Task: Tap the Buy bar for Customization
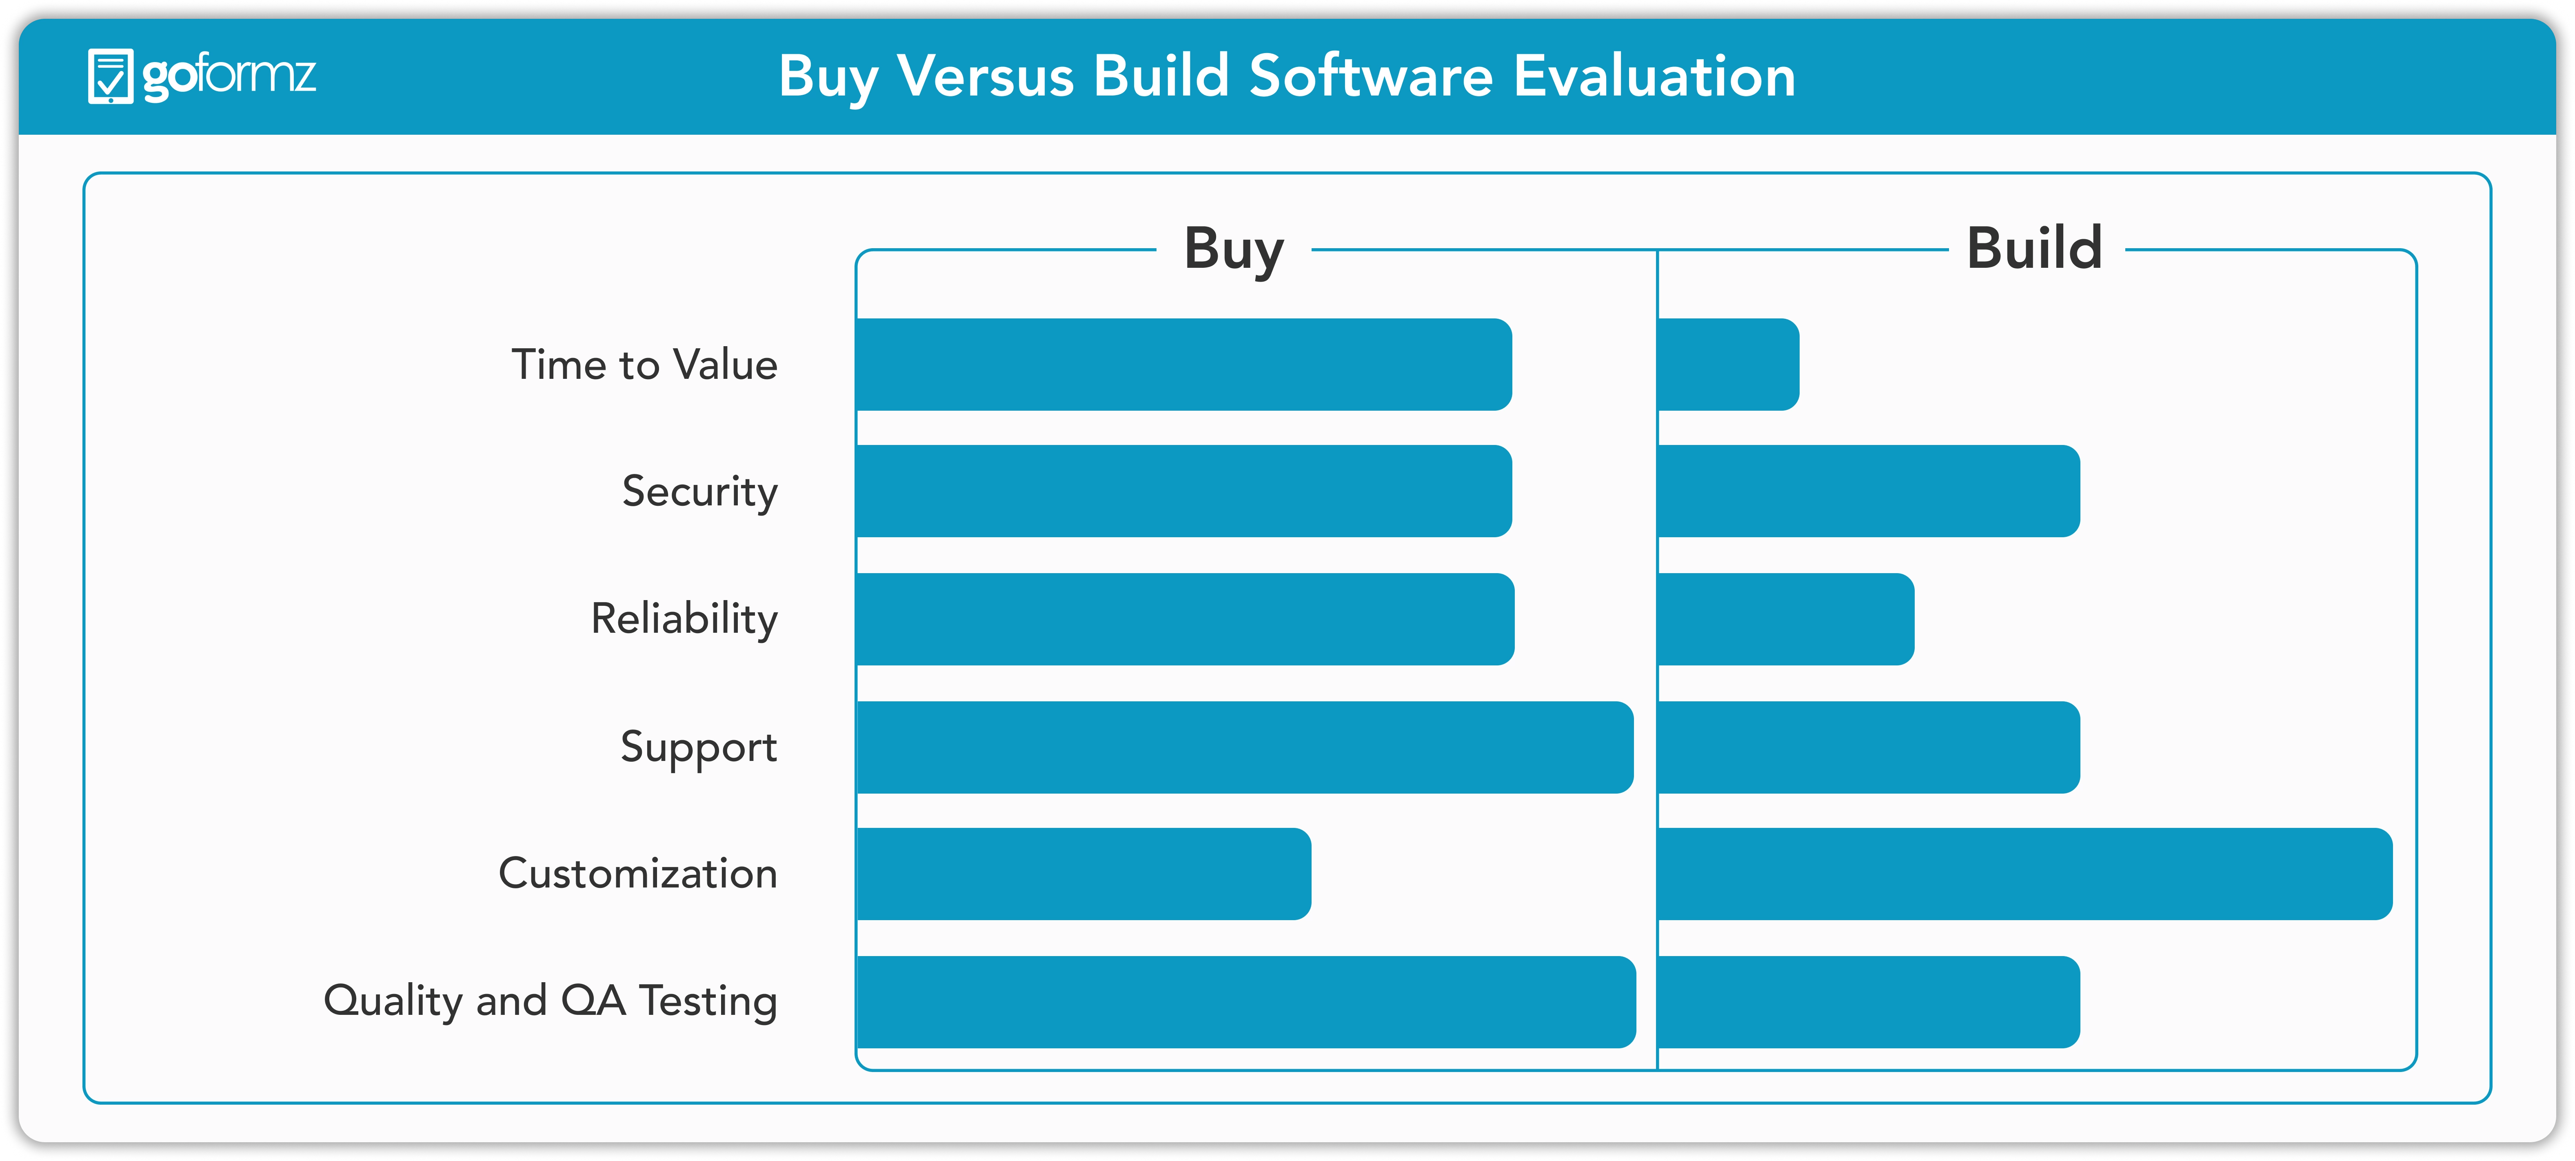pos(1083,874)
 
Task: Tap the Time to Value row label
pos(645,364)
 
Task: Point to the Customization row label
pos(638,873)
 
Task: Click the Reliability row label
pos(685,619)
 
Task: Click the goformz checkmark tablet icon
pos(110,76)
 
